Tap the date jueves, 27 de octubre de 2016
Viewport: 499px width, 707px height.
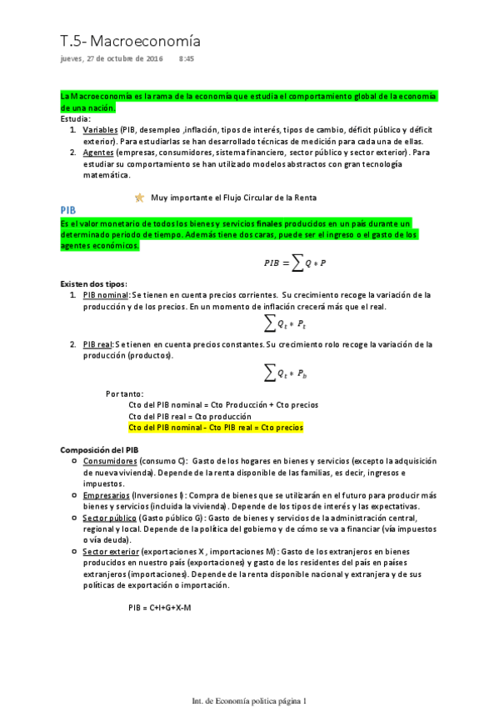[x=112, y=60]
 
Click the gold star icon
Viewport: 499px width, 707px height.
[x=139, y=198]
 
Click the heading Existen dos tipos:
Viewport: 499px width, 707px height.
[x=93, y=283]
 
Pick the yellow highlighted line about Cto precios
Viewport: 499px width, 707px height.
[x=216, y=427]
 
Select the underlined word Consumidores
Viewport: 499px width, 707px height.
[x=110, y=460]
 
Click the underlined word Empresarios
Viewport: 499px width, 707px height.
[x=106, y=495]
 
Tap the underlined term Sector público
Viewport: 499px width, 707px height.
[x=108, y=518]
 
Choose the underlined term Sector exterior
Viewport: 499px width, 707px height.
[x=110, y=552]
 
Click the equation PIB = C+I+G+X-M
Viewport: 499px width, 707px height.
[x=160, y=607]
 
